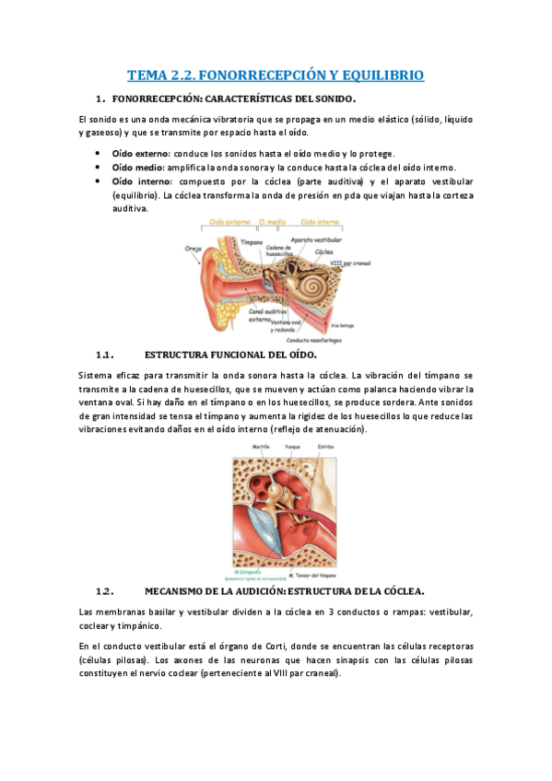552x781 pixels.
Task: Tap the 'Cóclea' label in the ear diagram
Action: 323,251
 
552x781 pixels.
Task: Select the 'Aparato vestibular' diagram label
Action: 316,239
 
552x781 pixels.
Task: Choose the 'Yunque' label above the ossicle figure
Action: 293,446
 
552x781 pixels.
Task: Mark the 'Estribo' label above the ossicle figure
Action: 325,446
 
